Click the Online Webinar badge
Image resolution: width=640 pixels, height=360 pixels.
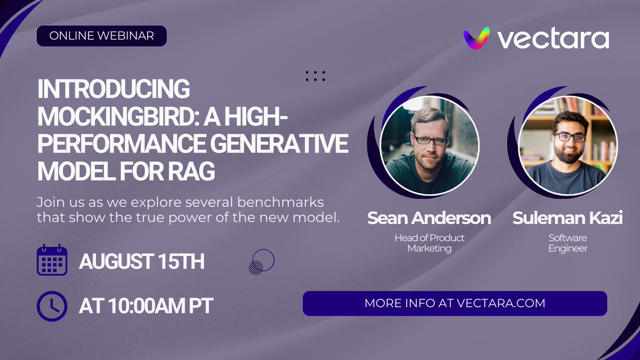pyautogui.click(x=101, y=36)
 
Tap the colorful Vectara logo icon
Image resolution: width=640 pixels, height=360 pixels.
pyautogui.click(x=476, y=38)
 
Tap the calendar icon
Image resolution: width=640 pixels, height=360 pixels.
pyautogui.click(x=52, y=260)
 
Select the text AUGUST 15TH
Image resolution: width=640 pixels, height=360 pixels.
pyautogui.click(x=141, y=262)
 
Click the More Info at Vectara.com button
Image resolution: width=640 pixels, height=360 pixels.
pyautogui.click(x=454, y=303)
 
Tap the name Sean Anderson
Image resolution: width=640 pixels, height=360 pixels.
pyautogui.click(x=429, y=219)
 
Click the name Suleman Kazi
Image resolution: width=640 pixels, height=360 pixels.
pyautogui.click(x=567, y=219)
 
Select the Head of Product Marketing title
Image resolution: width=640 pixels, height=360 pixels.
pyautogui.click(x=429, y=243)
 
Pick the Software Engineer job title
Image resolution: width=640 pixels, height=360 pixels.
pyautogui.click(x=567, y=243)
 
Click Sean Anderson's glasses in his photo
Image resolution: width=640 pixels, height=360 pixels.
pyautogui.click(x=430, y=140)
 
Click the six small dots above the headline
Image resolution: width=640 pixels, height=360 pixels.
pyautogui.click(x=315, y=76)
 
